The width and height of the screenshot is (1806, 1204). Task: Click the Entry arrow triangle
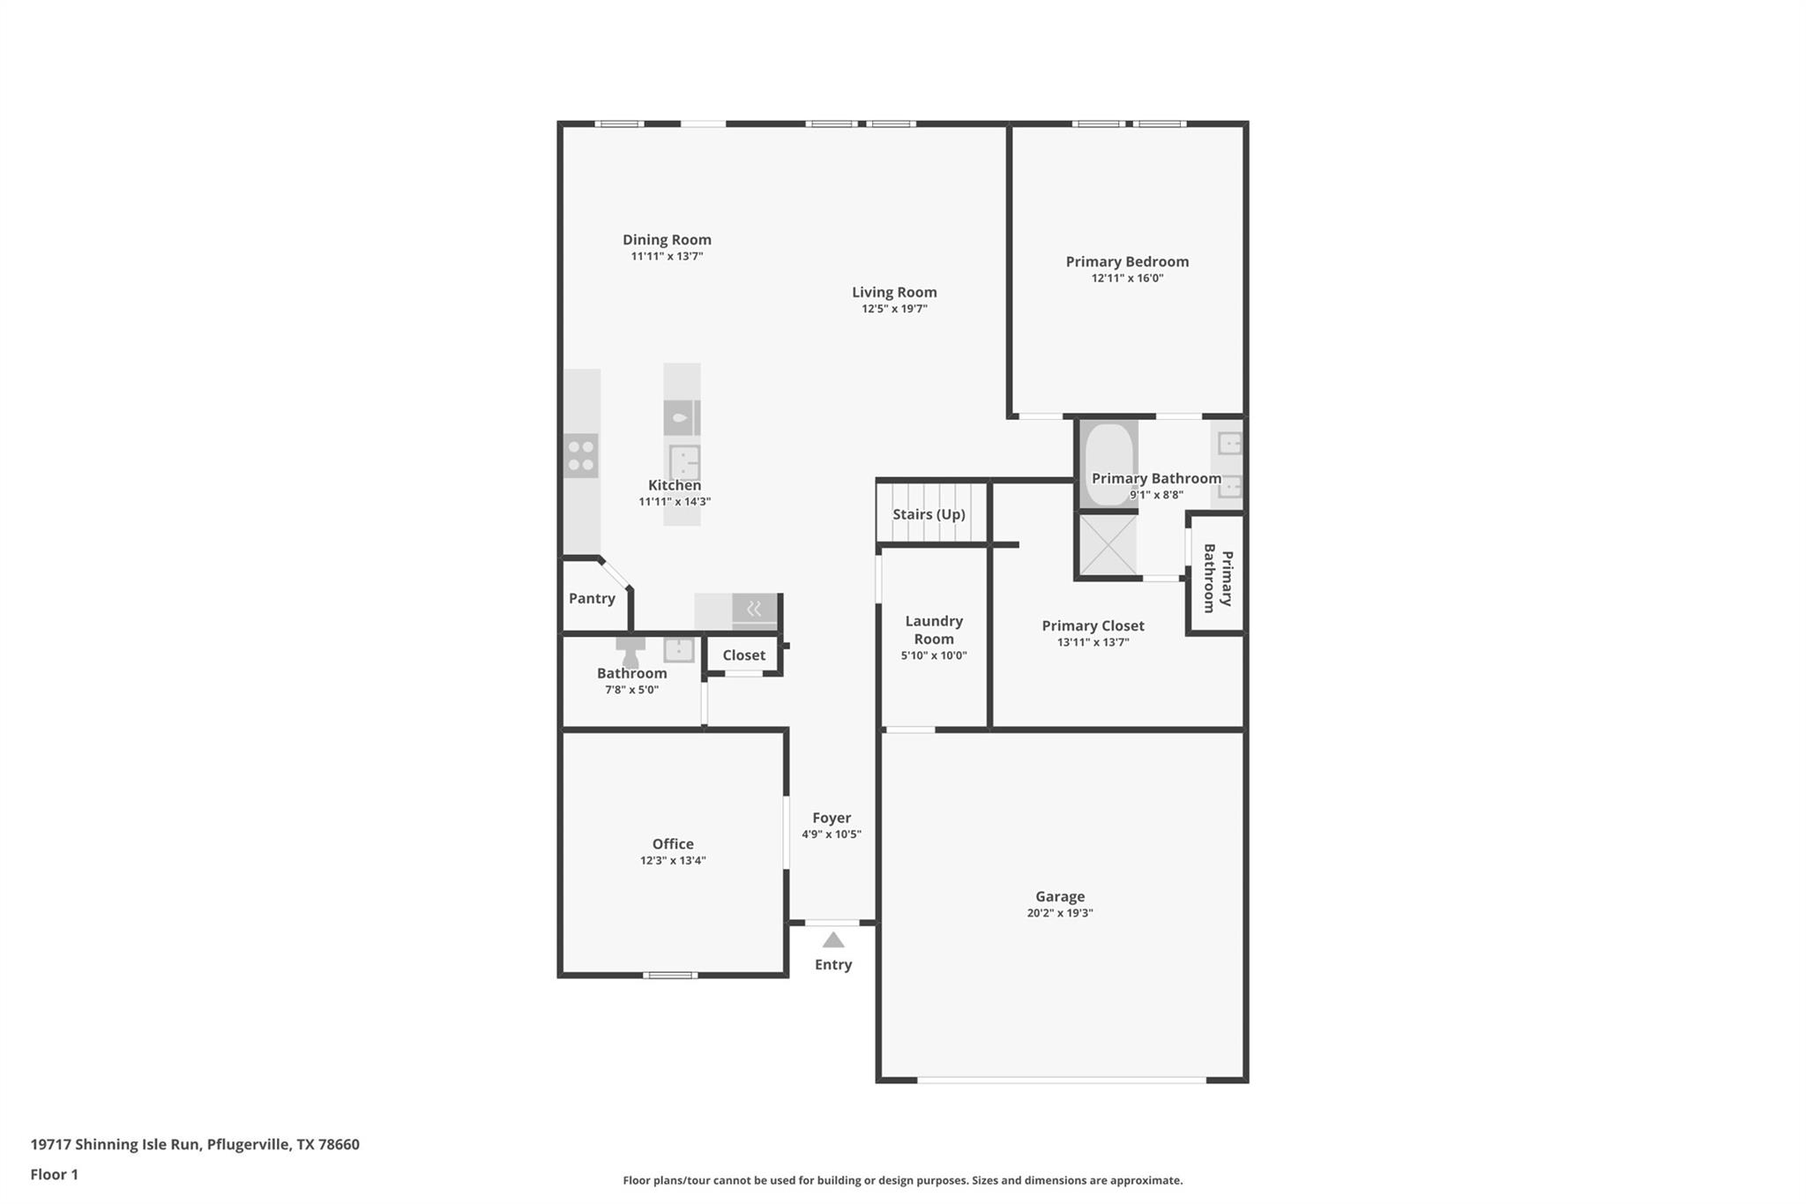833,940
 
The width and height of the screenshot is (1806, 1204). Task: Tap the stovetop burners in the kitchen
581,456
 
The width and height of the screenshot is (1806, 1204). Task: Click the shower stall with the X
1108,544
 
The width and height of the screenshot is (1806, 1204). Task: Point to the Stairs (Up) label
929,514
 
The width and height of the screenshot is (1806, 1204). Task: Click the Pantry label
592,598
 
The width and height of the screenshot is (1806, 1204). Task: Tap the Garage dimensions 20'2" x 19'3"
1060,914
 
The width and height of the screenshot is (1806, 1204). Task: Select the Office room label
673,844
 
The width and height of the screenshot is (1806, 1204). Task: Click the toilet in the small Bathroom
631,652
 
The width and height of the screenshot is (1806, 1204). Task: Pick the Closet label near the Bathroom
744,655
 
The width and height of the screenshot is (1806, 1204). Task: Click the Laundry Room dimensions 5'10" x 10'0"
934,655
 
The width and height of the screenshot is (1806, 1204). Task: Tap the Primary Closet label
1093,625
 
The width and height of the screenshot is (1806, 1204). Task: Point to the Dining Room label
667,239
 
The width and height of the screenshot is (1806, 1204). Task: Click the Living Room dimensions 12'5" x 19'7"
894,309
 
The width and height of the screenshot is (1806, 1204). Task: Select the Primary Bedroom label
1127,261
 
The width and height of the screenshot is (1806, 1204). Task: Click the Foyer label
832,819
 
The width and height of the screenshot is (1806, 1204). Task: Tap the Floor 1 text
55,1174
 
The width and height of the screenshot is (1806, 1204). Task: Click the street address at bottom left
195,1145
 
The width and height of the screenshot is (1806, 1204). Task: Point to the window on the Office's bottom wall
670,975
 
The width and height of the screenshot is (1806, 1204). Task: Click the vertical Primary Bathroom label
1218,578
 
